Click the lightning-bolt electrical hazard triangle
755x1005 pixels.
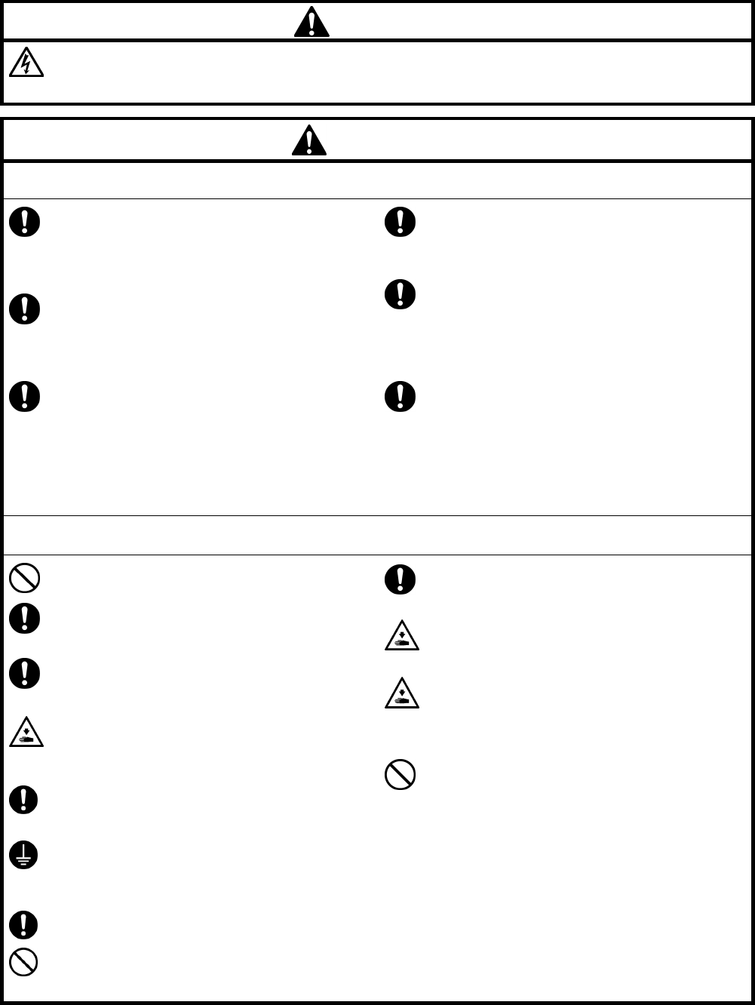[26, 65]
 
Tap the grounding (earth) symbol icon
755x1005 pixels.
[25, 856]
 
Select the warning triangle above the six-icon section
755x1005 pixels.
[309, 140]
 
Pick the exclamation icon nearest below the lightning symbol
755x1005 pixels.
[25, 223]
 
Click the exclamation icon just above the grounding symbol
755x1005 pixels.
[25, 800]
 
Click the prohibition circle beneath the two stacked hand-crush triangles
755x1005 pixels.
[401, 774]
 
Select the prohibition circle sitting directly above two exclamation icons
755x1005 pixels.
[25, 579]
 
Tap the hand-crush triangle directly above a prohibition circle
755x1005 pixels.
[401, 693]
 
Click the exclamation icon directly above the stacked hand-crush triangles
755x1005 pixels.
[401, 579]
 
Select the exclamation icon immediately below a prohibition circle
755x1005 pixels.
[25, 618]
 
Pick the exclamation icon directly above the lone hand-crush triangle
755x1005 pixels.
[25, 674]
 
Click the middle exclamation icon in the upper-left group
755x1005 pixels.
[25, 309]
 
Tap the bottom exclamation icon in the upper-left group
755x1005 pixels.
[25, 396]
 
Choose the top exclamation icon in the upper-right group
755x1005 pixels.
[401, 222]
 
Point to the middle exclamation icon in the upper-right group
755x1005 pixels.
[401, 294]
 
